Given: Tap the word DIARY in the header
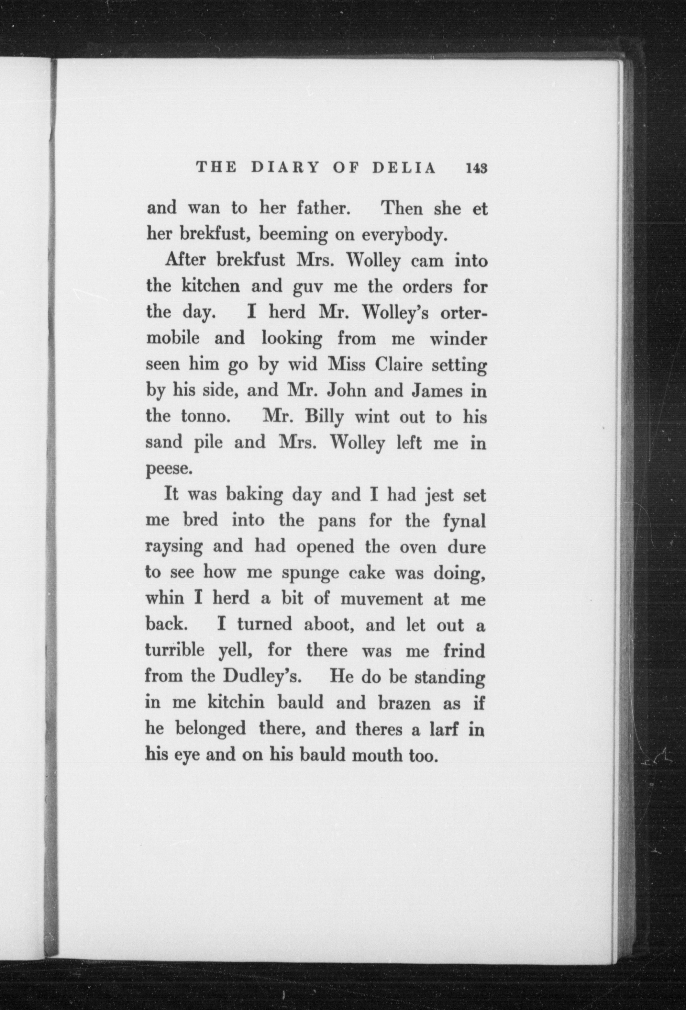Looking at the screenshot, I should (286, 168).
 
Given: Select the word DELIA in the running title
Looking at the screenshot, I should (404, 168).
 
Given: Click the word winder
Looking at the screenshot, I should (458, 339).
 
